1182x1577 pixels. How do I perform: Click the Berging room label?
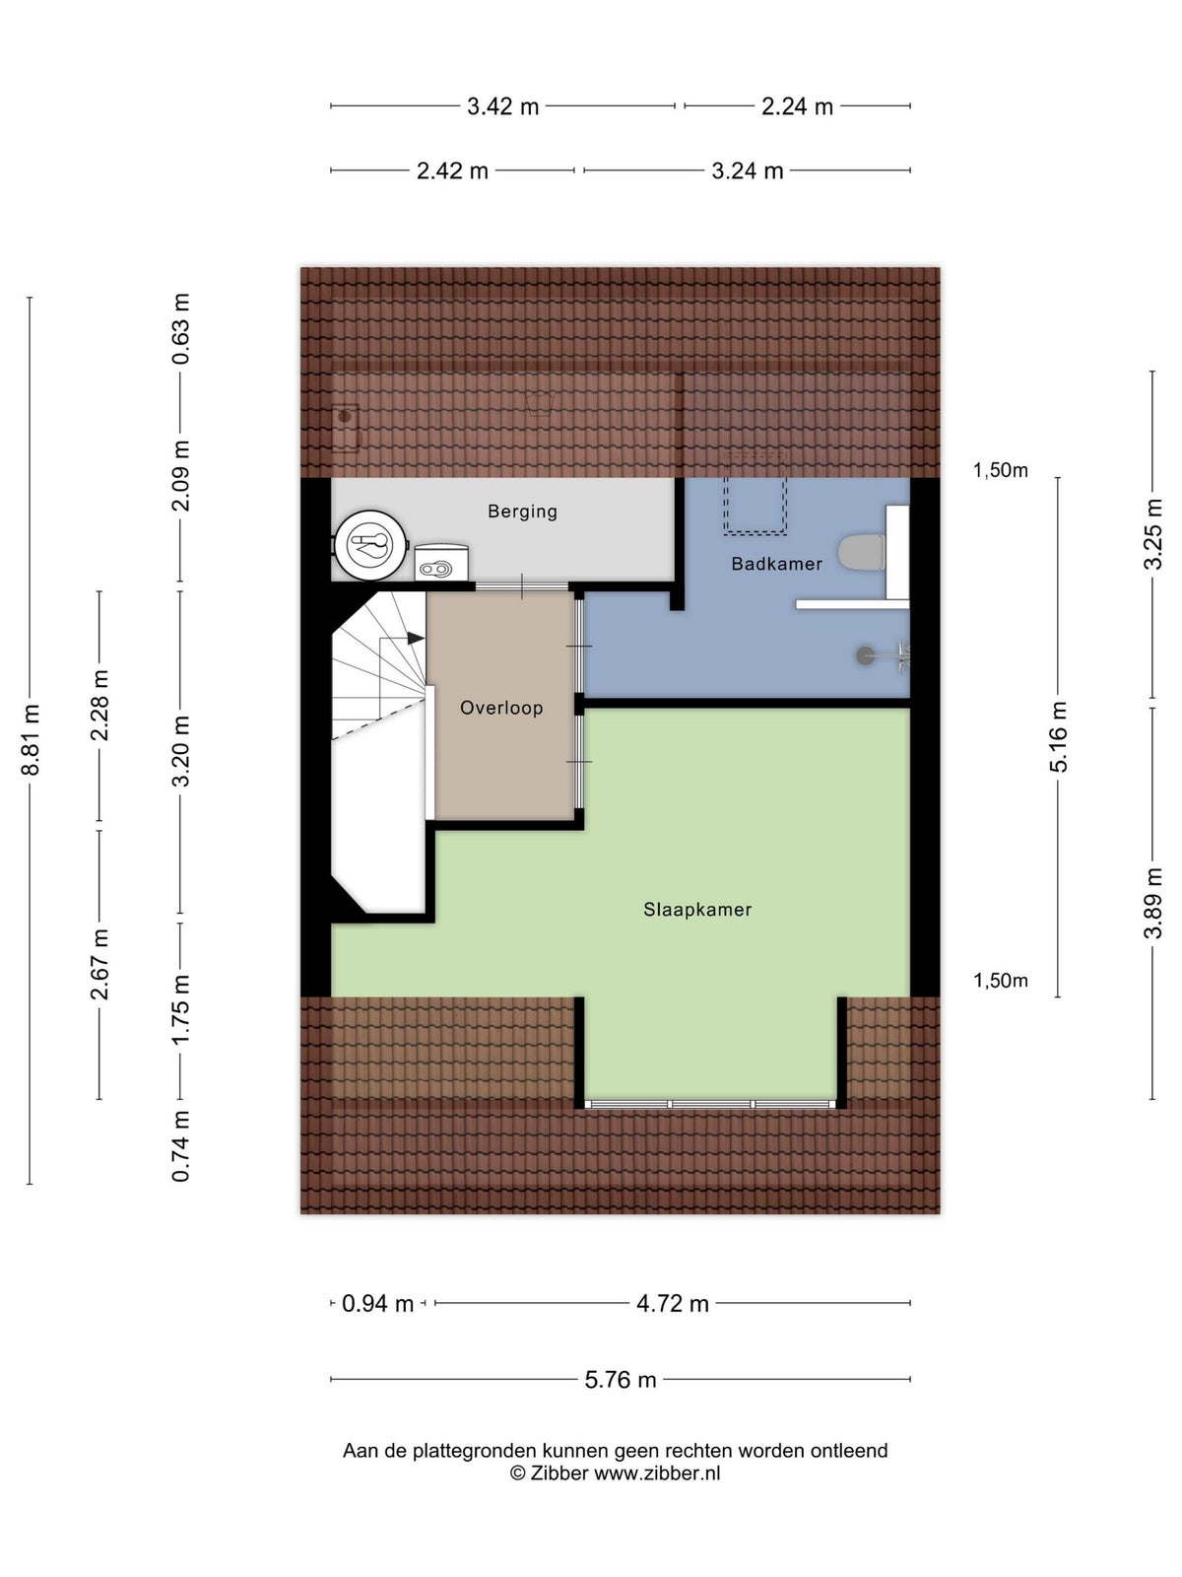pos(522,511)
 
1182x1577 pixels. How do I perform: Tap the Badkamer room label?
pos(776,563)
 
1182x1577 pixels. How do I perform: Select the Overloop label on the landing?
pos(501,708)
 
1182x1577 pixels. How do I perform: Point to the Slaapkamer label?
pos(696,909)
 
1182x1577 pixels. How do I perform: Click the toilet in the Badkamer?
pos(861,551)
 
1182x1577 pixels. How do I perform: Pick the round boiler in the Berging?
pos(371,544)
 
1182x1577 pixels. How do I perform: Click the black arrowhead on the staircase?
pos(416,638)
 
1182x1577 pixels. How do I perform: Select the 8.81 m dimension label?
pos(31,739)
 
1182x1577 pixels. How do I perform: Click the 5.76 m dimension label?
pos(621,1380)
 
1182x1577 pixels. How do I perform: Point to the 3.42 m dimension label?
pos(502,106)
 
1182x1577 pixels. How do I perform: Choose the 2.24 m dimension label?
pos(797,106)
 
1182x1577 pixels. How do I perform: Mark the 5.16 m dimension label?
pos(1059,736)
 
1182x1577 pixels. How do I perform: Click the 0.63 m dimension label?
pos(181,328)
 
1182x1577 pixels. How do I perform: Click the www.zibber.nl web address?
pos(657,1473)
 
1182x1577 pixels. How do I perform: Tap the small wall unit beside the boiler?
pos(441,563)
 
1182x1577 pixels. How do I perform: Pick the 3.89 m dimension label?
pos(1151,903)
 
